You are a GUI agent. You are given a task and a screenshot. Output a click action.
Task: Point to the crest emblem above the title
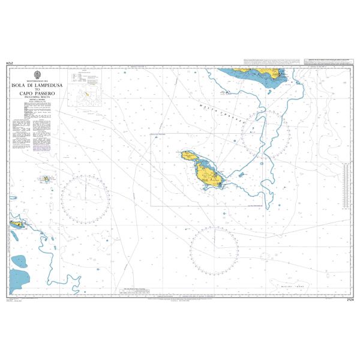[x=37, y=75]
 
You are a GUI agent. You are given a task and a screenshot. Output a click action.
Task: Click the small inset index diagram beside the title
[x=86, y=93]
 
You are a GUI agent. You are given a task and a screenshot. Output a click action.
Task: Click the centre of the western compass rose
[x=85, y=198]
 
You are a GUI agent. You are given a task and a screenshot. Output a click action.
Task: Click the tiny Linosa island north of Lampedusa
[x=46, y=179]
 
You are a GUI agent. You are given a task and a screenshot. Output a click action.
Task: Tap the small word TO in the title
[x=37, y=92]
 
